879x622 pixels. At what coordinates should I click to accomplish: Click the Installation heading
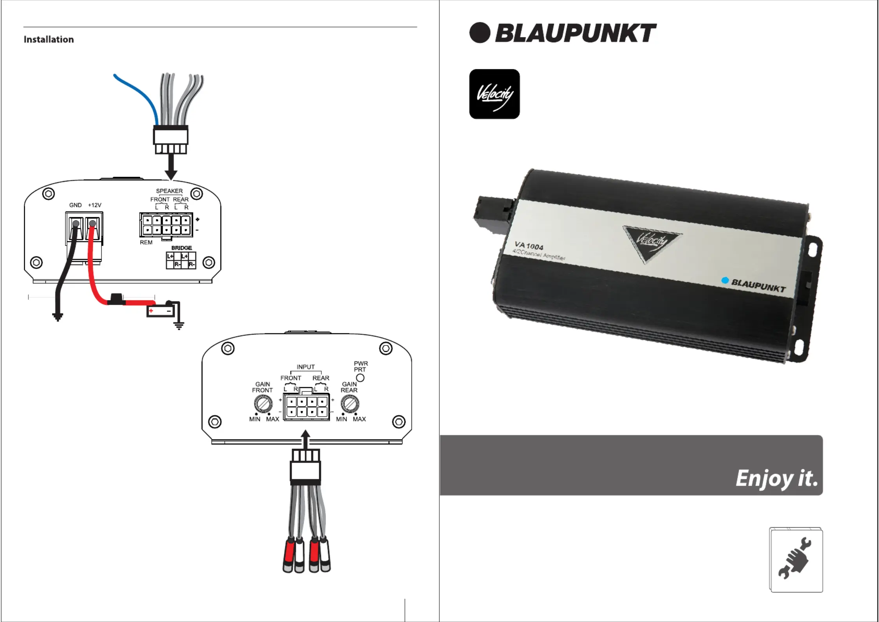(49, 40)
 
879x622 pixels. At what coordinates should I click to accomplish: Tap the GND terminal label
(75, 205)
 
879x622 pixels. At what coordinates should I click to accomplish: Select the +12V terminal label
(95, 205)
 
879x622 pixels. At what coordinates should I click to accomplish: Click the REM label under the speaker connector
(146, 243)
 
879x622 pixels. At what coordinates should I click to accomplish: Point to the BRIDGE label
(182, 248)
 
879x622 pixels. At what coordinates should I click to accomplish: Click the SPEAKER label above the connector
(169, 191)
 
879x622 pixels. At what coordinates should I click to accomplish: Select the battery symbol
(161, 311)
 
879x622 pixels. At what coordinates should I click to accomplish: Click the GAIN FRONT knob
(263, 403)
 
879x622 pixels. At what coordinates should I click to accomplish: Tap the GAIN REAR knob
(350, 403)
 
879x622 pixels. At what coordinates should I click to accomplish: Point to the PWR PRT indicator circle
(360, 378)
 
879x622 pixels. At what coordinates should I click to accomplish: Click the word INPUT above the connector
(305, 367)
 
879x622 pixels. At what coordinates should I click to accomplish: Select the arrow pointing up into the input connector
(306, 439)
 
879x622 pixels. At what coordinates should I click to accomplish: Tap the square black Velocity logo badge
(495, 94)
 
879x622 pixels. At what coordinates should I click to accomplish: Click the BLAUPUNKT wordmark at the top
(576, 33)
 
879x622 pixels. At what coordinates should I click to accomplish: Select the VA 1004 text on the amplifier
(529, 246)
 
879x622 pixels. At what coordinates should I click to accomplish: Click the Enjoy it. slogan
(776, 479)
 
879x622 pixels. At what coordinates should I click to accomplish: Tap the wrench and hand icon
(796, 560)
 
